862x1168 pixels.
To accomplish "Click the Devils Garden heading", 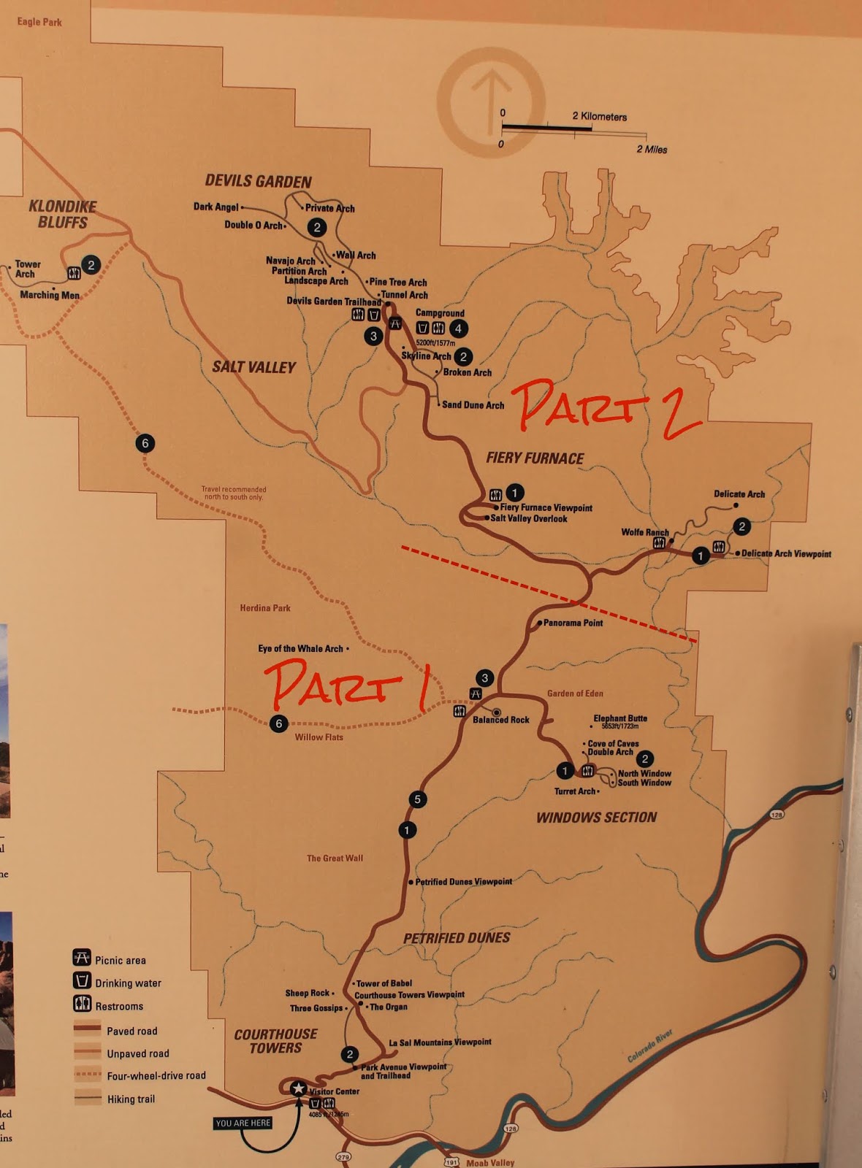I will (258, 181).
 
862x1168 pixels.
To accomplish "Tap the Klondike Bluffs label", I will (62, 214).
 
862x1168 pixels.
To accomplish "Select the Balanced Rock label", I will (501, 720).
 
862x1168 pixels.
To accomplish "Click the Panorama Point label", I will (573, 623).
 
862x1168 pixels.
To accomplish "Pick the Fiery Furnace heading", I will (535, 458).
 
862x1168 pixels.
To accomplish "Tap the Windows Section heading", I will (596, 818).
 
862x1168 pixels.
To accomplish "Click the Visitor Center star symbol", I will (298, 1088).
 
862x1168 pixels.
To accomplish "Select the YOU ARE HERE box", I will (243, 1123).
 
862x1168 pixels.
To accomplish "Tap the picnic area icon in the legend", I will (82, 958).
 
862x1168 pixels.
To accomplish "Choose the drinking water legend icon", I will (82, 980).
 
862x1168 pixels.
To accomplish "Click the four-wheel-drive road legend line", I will (88, 1075).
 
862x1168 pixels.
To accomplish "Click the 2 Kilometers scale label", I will (599, 117).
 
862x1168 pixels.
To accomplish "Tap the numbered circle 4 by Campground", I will (458, 328).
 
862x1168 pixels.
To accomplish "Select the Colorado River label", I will (649, 1047).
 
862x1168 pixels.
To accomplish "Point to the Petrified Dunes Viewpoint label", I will (463, 882).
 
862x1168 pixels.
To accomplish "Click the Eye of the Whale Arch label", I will (300, 648).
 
